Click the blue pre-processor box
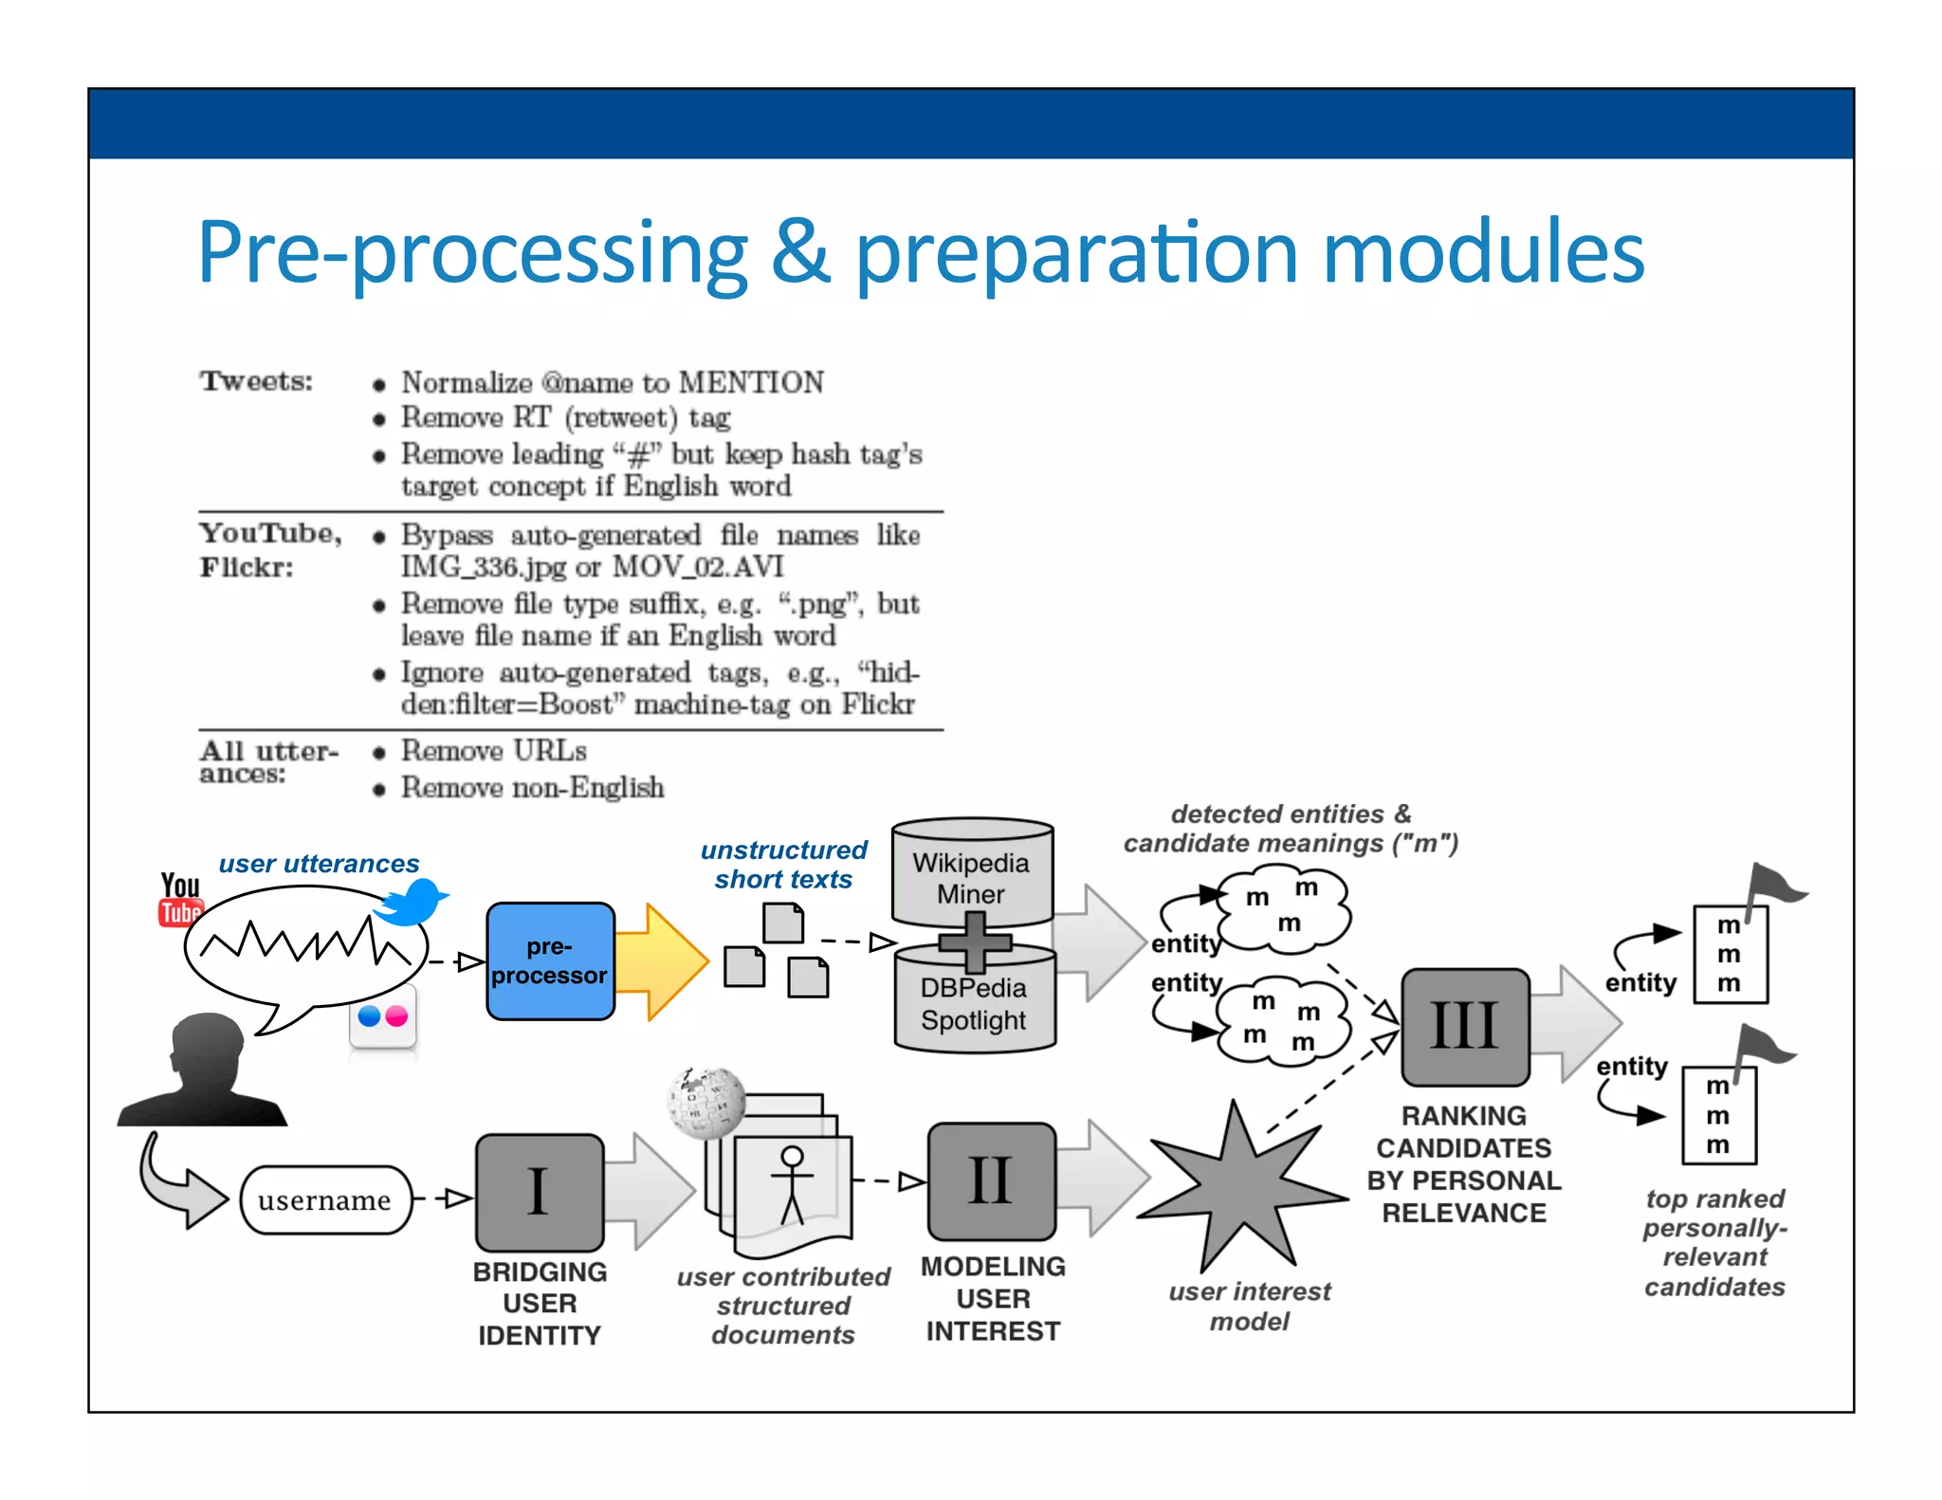click(550, 960)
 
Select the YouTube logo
click(179, 899)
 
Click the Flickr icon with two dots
click(383, 1016)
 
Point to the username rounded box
click(325, 1199)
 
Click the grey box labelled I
click(539, 1192)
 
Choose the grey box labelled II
click(991, 1181)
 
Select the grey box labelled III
click(1464, 1026)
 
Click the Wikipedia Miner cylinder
click(972, 873)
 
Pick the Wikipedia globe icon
click(706, 1103)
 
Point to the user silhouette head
click(206, 1052)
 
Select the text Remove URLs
click(493, 751)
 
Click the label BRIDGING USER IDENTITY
click(540, 1303)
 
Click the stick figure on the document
click(792, 1183)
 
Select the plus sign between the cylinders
click(975, 942)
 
